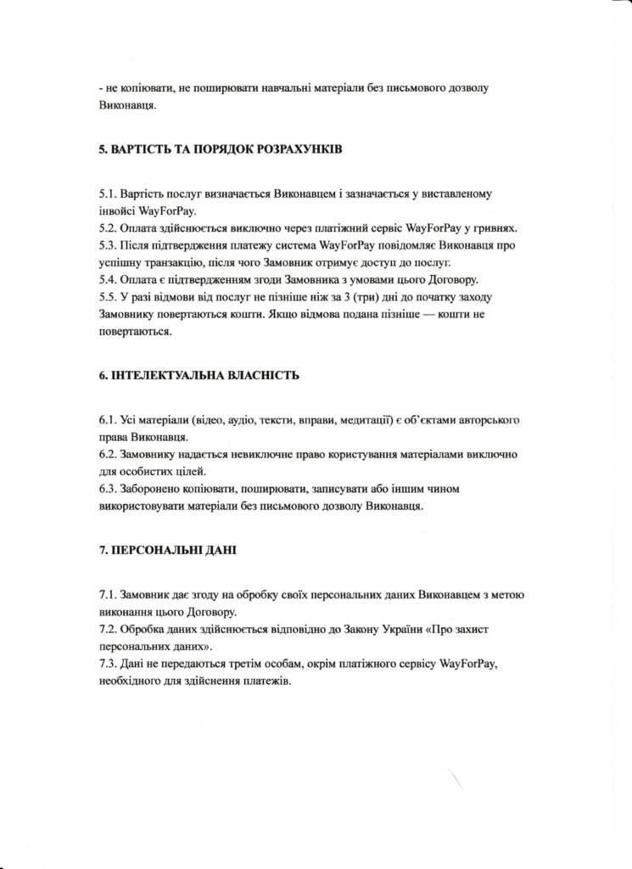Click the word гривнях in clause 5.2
pyautogui.click(x=497, y=228)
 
